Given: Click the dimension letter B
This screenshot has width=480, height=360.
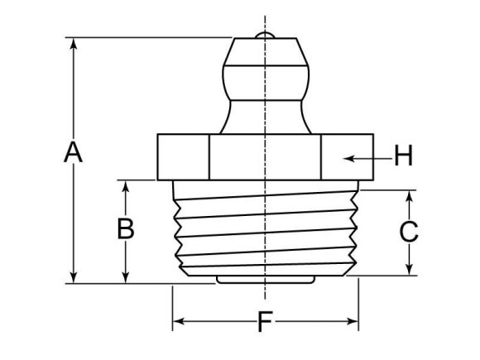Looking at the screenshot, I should click(x=125, y=228).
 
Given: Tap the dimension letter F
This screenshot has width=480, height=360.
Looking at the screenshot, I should click(x=264, y=321).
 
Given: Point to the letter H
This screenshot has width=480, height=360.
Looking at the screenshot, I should click(x=402, y=156).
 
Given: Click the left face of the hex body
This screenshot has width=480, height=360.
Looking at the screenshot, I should click(x=182, y=156).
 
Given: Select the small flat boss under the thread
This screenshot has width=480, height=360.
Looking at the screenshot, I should click(x=265, y=280).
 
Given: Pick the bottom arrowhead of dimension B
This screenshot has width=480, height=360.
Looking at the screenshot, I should click(x=125, y=277).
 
